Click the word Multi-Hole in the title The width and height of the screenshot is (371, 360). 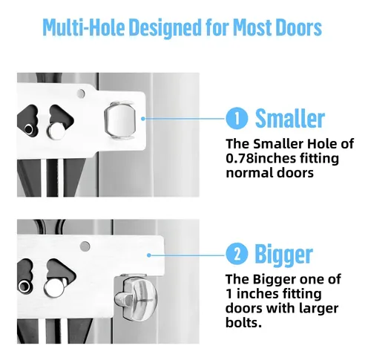coord(85,27)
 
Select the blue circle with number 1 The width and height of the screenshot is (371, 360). coord(237,118)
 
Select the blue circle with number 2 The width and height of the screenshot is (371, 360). coord(237,255)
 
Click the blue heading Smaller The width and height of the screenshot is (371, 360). coord(289,118)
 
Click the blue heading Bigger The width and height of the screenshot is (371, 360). coord(284,255)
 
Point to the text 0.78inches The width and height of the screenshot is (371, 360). coord(260,158)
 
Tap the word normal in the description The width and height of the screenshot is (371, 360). coord(249,173)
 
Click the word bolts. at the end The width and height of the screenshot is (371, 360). coord(243,322)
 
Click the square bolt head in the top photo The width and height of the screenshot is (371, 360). coord(120,120)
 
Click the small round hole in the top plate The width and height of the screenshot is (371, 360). coord(81,94)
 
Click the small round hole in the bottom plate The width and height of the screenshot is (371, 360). coord(85,246)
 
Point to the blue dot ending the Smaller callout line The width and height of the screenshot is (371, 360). coord(142,119)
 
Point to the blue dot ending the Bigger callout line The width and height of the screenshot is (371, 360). coord(148,255)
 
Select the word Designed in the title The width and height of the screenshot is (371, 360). coord(165,27)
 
